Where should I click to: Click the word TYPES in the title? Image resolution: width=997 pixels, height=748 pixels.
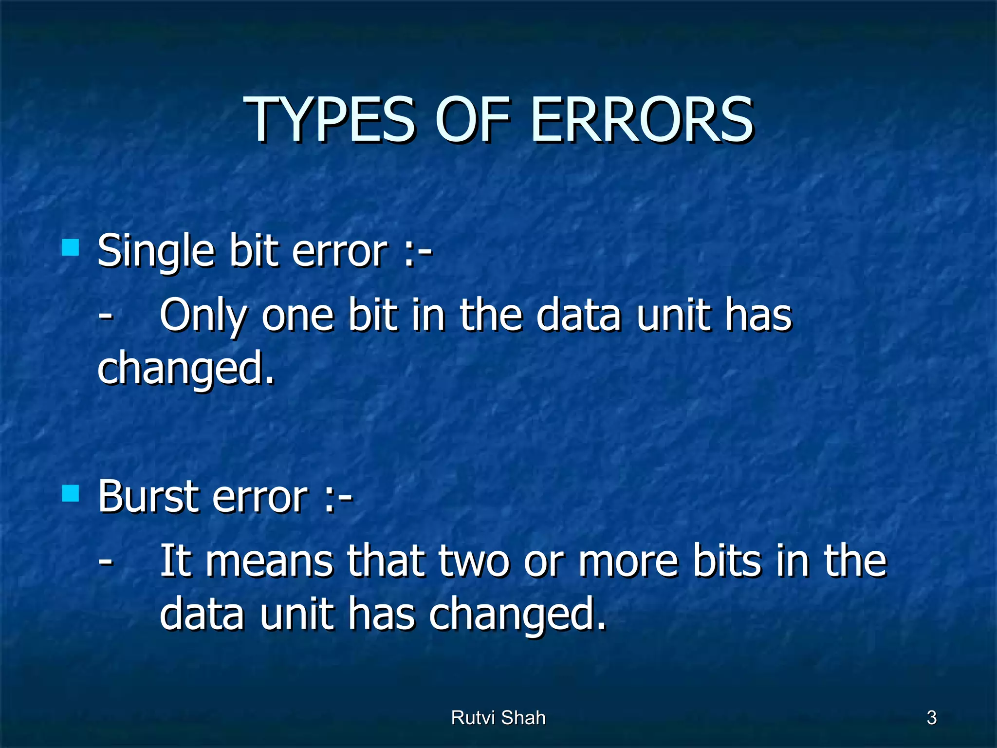click(x=332, y=119)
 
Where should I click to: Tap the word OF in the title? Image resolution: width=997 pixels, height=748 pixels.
click(x=472, y=119)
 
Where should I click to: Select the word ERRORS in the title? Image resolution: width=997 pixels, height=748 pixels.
click(x=643, y=119)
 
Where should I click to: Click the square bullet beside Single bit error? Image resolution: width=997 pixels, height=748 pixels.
click(x=71, y=247)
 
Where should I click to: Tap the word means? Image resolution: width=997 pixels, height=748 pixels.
click(x=269, y=561)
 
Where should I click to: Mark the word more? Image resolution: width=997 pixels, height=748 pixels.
click(x=628, y=561)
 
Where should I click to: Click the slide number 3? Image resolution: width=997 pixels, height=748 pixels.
click(x=931, y=718)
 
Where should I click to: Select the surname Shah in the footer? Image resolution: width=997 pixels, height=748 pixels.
click(x=523, y=718)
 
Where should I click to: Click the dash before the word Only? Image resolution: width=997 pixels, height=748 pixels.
click(x=105, y=317)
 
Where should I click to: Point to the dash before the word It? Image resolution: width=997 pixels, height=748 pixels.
click(x=105, y=561)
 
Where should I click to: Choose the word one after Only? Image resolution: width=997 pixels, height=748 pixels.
click(x=297, y=317)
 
